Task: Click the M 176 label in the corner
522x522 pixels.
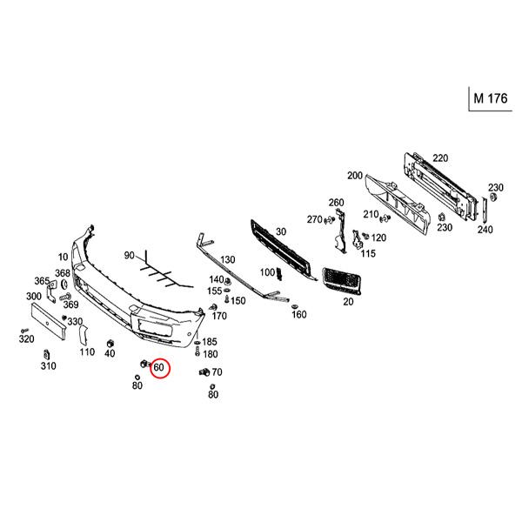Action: (x=491, y=98)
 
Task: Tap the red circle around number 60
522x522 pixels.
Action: (x=160, y=368)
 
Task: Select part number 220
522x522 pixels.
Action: (x=440, y=158)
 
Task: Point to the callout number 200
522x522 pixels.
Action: (x=355, y=176)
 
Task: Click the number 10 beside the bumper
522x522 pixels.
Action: (x=63, y=257)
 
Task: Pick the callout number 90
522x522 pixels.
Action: (x=129, y=255)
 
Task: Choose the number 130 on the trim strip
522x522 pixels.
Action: (x=228, y=259)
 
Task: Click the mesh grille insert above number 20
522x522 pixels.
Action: (x=341, y=281)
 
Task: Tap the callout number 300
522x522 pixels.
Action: (x=34, y=296)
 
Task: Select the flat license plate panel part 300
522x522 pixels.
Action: (x=49, y=321)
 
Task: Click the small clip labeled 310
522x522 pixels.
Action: (x=47, y=355)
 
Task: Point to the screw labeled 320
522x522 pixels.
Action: (x=24, y=331)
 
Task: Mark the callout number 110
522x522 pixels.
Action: (x=87, y=351)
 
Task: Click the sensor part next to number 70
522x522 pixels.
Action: (x=204, y=372)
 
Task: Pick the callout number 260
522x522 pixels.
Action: (x=336, y=203)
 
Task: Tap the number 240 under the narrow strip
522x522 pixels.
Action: (x=485, y=230)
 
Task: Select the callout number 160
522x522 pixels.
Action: (x=299, y=314)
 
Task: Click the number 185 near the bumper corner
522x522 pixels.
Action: (x=210, y=342)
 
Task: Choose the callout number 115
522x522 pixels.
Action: (x=368, y=253)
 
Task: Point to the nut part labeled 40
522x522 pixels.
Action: (x=110, y=344)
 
